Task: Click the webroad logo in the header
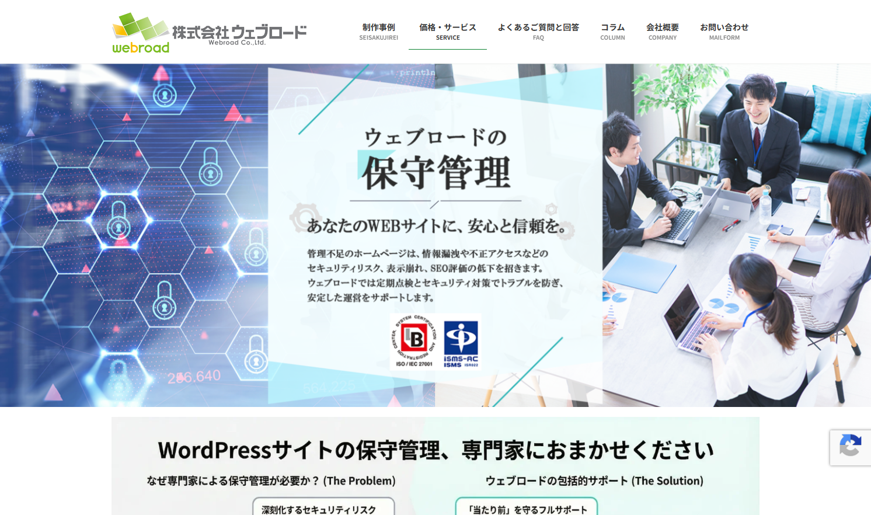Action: (x=208, y=33)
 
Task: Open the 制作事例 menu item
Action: (x=378, y=32)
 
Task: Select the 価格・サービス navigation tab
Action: (x=448, y=32)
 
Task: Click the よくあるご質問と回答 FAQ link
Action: (x=538, y=32)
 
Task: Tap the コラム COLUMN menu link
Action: (x=612, y=32)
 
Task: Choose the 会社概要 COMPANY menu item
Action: (x=663, y=32)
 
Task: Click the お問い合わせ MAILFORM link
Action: (x=724, y=32)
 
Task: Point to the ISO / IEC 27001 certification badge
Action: (x=414, y=342)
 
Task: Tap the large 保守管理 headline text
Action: (x=436, y=173)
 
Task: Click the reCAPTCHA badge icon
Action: (x=851, y=447)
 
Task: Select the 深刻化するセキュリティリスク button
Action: (x=323, y=509)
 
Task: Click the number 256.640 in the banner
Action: (x=194, y=377)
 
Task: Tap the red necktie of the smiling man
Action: (x=757, y=139)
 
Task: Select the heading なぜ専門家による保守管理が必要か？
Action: (x=271, y=481)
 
